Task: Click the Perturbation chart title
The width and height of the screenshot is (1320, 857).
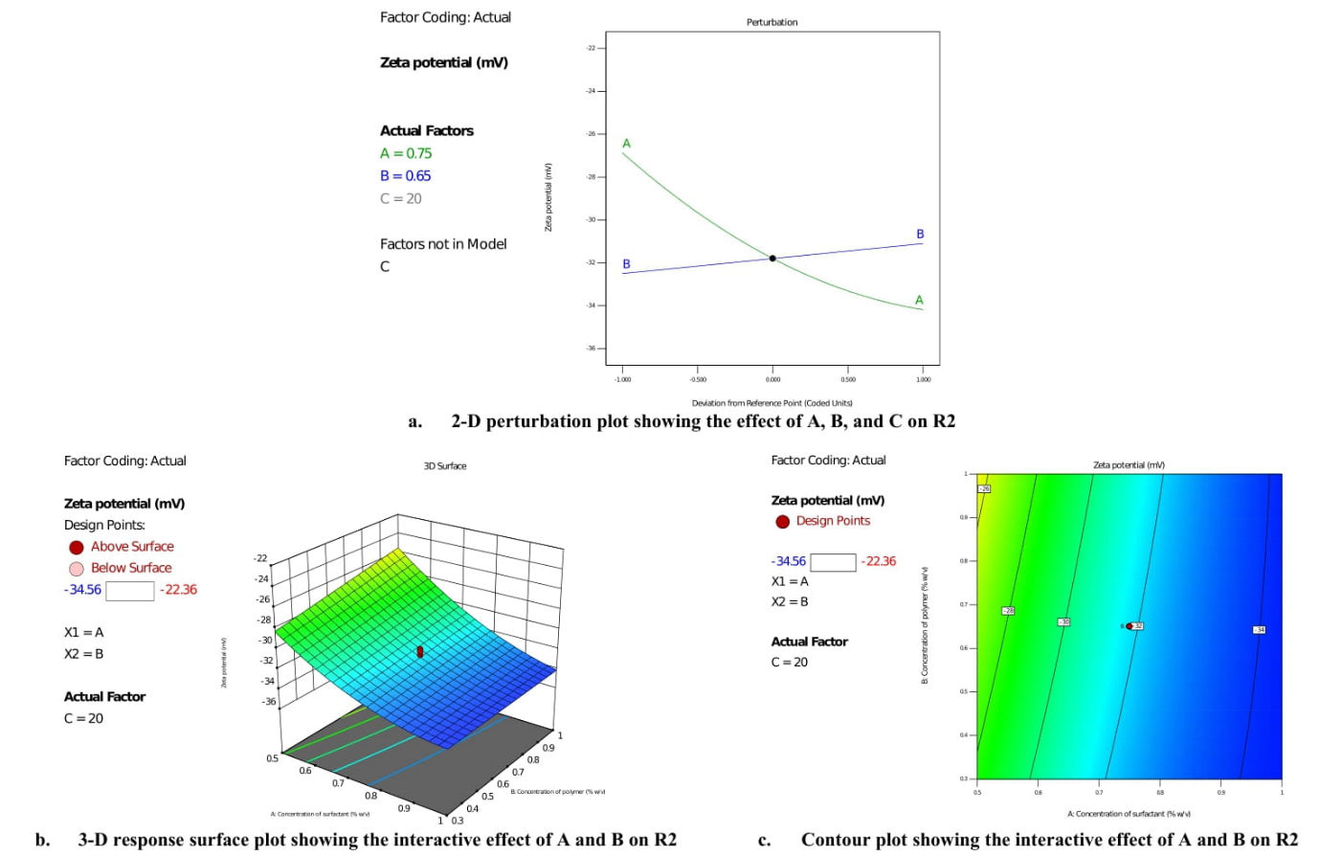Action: coord(772,22)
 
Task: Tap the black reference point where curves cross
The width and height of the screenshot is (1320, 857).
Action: coord(772,259)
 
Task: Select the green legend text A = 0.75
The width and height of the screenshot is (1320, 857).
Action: coord(406,153)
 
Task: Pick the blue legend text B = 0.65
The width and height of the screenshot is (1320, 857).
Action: coord(405,176)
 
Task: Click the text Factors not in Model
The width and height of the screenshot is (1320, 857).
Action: coord(443,244)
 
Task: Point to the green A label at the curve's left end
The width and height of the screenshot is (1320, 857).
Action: coord(627,144)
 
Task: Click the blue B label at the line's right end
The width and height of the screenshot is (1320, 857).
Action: coord(920,234)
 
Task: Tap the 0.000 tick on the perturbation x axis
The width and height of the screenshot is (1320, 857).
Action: coord(772,380)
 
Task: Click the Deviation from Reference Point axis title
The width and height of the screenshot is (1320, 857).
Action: coord(772,403)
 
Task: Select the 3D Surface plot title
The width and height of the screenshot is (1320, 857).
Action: coord(445,466)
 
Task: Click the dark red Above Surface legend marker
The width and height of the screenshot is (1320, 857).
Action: coord(77,548)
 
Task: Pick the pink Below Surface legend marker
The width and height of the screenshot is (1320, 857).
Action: coord(77,569)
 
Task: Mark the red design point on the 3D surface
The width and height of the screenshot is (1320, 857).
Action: coord(419,652)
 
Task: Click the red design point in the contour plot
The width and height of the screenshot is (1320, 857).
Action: coord(1130,626)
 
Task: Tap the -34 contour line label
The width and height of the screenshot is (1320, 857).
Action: coord(1260,629)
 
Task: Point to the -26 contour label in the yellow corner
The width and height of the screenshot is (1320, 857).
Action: coord(984,488)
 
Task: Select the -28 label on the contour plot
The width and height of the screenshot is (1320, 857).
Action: coord(1008,610)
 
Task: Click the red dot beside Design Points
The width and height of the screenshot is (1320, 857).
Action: coord(782,522)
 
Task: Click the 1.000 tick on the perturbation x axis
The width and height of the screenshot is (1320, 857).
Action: coord(923,380)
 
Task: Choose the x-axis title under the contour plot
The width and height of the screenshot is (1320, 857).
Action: coord(1129,814)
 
